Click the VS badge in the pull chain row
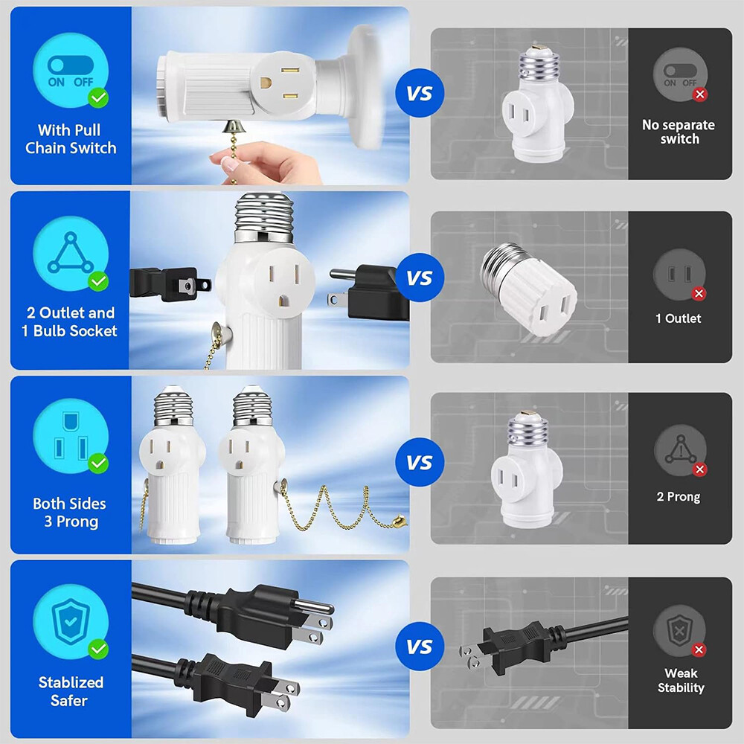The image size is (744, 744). pyautogui.click(x=420, y=94)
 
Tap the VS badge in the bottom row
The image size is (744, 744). pyautogui.click(x=420, y=647)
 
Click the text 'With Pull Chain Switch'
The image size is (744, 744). pyautogui.click(x=71, y=139)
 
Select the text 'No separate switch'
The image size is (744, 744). pyautogui.click(x=679, y=132)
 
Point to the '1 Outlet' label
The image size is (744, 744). pyautogui.click(x=679, y=318)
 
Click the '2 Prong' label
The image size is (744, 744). pyautogui.click(x=679, y=496)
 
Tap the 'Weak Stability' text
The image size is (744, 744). pyautogui.click(x=681, y=680)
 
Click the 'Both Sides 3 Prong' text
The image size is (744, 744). pyautogui.click(x=69, y=513)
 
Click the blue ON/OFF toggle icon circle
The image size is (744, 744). pyautogui.click(x=71, y=70)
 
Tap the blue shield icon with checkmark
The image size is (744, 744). pyautogui.click(x=71, y=620)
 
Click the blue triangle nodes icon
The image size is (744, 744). pyautogui.click(x=71, y=254)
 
